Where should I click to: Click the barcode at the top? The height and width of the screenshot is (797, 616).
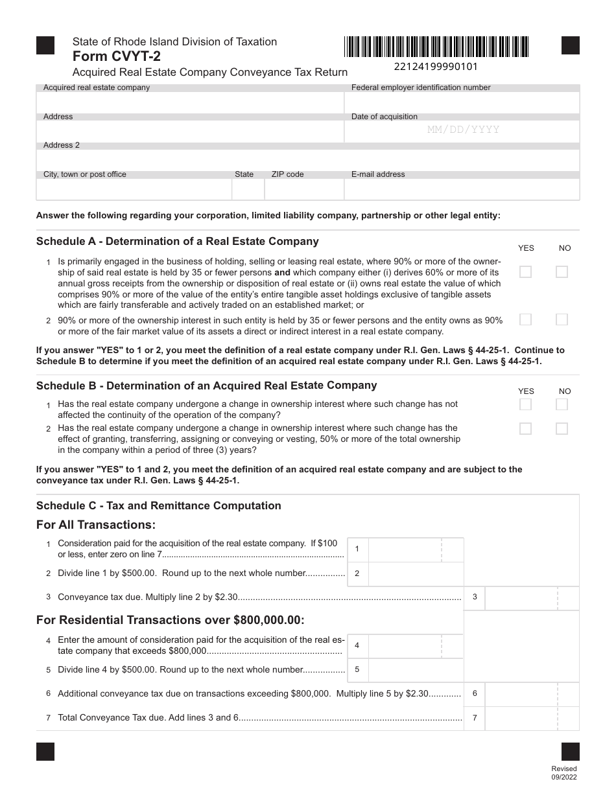[436, 47]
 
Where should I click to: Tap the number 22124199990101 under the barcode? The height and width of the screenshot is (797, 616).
[436, 67]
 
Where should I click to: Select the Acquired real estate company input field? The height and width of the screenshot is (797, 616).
[190, 103]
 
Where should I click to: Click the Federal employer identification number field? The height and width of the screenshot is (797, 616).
[462, 103]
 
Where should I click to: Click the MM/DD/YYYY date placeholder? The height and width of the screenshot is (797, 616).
[463, 130]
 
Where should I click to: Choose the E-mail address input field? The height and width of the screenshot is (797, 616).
[462, 189]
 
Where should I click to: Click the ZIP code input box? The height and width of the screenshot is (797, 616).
[303, 189]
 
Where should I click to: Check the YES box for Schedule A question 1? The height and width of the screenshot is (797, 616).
[526, 271]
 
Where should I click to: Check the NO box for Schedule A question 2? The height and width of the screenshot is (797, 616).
[562, 319]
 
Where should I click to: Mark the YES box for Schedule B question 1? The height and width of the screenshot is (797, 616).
[526, 404]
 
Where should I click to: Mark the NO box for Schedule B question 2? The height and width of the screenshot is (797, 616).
[562, 428]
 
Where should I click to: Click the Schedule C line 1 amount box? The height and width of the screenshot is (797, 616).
[415, 549]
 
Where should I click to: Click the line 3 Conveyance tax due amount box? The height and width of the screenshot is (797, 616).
[530, 597]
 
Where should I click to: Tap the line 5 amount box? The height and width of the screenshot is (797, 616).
[415, 670]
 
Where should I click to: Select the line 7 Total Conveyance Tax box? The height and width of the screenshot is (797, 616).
[530, 718]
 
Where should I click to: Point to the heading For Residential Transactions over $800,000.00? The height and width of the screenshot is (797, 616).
[170, 619]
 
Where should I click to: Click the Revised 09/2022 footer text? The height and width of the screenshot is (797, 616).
[563, 772]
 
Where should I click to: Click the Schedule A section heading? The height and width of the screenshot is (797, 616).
[177, 242]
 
